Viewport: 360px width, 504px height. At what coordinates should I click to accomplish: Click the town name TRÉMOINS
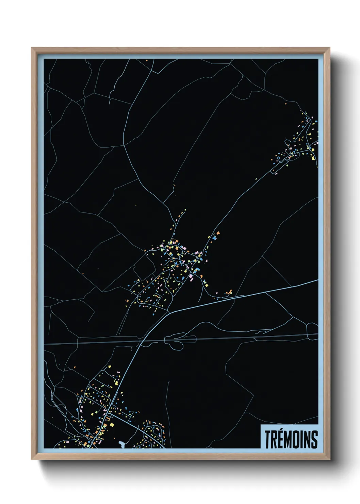291,439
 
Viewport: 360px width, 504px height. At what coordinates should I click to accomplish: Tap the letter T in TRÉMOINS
267,439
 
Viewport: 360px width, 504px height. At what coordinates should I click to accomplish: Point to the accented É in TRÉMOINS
281,439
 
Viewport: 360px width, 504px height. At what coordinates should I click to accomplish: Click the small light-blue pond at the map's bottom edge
122,444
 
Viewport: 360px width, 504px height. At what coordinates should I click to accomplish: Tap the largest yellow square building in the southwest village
112,425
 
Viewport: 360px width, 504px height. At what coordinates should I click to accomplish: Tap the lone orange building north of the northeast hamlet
285,103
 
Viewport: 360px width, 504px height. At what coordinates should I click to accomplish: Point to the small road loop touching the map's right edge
312,330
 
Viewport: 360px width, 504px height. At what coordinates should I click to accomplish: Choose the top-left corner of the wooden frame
32,48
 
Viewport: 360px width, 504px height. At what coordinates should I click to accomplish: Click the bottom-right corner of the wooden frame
329,459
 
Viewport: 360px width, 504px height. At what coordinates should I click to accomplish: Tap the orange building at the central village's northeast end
218,233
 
